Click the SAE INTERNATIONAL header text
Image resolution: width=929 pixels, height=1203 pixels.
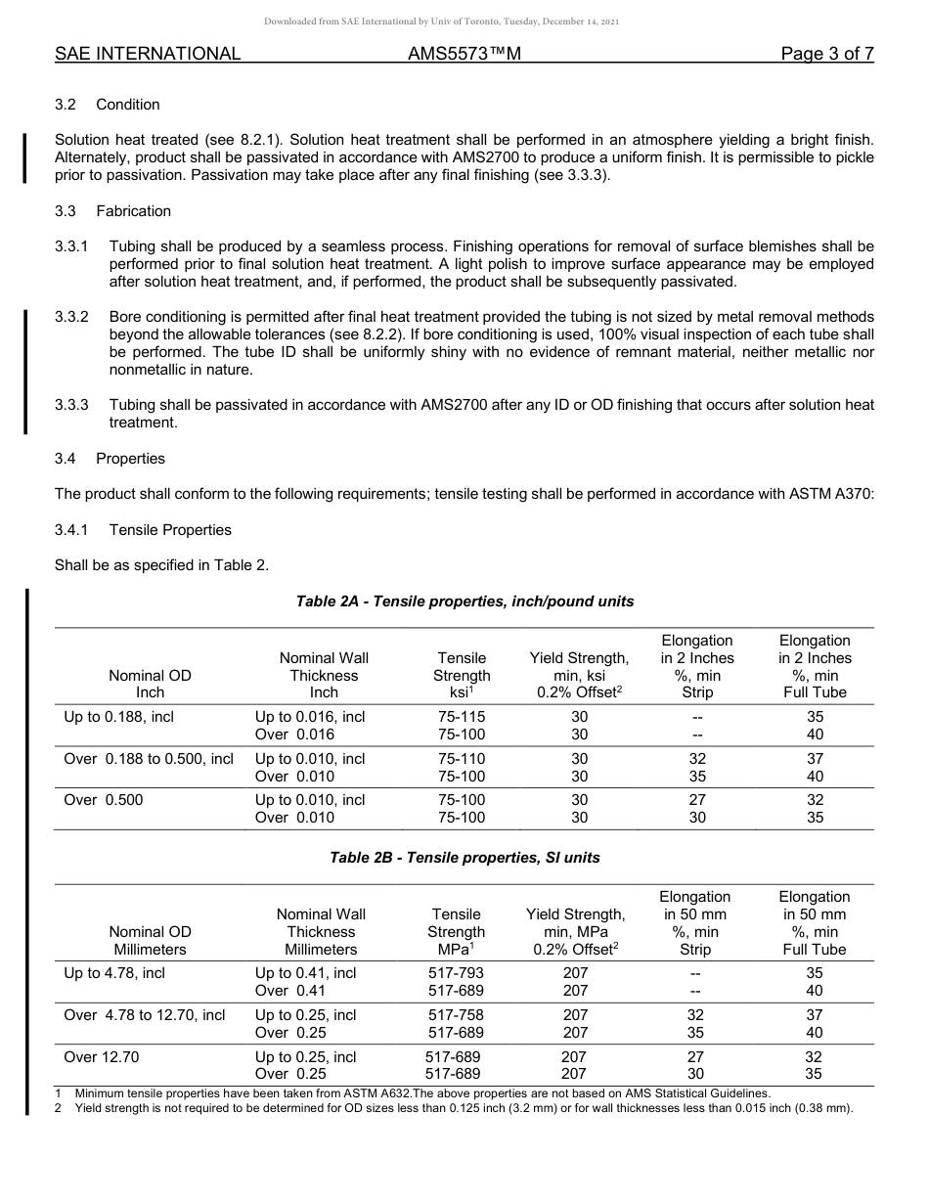[x=148, y=54]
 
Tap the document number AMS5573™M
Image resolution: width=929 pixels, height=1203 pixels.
[x=464, y=54]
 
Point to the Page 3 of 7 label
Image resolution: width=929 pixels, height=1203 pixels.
[x=826, y=54]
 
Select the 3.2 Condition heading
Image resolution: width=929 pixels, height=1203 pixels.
[x=108, y=105]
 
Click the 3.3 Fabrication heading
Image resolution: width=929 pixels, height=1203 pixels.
[x=112, y=211]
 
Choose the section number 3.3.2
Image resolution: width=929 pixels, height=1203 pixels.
[x=72, y=317]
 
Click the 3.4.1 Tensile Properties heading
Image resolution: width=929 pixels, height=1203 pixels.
[x=143, y=530]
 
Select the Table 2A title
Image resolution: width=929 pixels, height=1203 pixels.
[x=464, y=601]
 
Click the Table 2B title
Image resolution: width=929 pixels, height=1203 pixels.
[x=464, y=858]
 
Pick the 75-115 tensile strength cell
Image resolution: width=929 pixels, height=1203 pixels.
[x=462, y=717]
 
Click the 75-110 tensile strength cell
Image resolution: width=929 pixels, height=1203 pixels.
[x=462, y=759]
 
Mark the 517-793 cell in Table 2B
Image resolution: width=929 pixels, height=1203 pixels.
[x=456, y=973]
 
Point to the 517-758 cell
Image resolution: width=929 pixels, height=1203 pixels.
[x=456, y=1015]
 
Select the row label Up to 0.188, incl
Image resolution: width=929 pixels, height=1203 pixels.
[x=118, y=717]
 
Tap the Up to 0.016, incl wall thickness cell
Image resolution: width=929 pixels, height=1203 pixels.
[x=310, y=717]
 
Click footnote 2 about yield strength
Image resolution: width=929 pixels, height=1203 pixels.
[x=460, y=1108]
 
